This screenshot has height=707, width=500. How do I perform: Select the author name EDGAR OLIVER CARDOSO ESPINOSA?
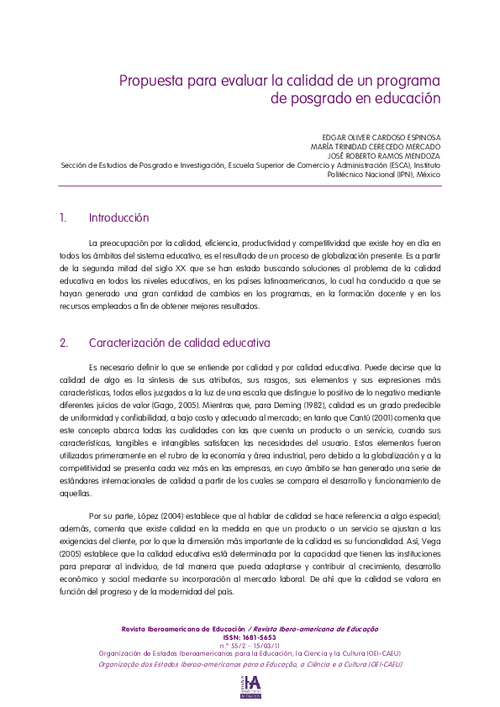click(382, 136)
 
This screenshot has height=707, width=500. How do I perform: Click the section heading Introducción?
click(118, 218)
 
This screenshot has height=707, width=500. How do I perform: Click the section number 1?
click(62, 218)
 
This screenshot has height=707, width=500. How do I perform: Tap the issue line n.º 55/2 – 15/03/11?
click(250, 644)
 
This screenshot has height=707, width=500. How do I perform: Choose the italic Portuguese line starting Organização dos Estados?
click(250, 663)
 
